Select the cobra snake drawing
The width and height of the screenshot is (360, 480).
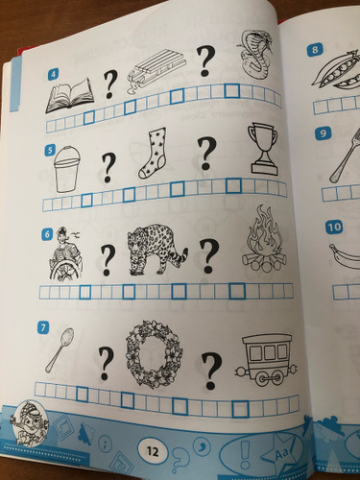pos(254,56)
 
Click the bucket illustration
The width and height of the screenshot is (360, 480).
pos(66,169)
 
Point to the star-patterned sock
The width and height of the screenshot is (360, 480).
pos(154,153)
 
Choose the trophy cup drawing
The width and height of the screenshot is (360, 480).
pos(263,149)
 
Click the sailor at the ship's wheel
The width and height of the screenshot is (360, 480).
pos(66,254)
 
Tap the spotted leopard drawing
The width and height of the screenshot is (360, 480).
pos(156,252)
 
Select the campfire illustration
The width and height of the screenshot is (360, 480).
pos(264,239)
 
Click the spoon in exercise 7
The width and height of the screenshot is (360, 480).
pos(60,349)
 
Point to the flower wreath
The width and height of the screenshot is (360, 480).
pos(154,354)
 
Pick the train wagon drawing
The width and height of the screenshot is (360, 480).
pos(267,359)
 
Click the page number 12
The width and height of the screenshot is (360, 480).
pos(153,451)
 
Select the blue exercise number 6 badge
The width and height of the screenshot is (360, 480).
pos(47,234)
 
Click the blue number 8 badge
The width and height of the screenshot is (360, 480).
pos(315,50)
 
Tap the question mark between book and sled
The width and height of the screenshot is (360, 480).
pos(109,84)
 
